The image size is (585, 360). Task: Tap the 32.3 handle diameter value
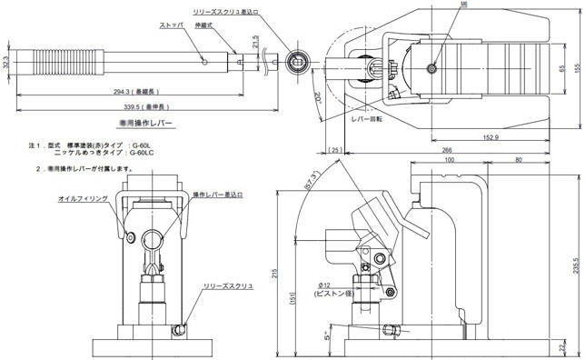[x=8, y=65]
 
